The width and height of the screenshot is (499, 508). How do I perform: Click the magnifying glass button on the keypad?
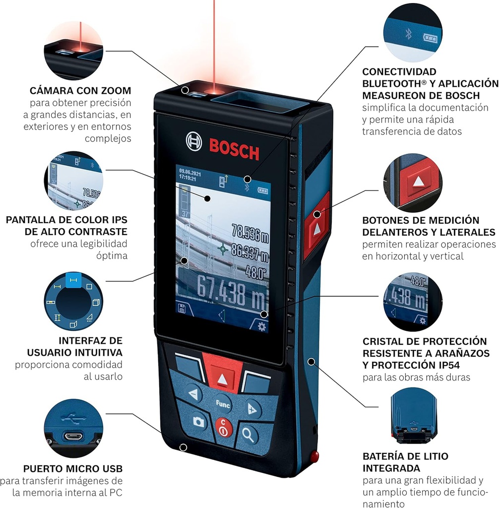coord(248,435)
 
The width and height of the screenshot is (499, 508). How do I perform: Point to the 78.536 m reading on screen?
coord(250,231)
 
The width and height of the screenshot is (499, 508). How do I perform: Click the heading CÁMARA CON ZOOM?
coord(80,91)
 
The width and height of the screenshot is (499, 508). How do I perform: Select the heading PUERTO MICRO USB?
coord(73,469)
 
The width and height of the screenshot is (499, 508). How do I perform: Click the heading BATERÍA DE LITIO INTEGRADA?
coord(405,462)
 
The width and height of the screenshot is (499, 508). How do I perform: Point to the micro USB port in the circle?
coord(73,436)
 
